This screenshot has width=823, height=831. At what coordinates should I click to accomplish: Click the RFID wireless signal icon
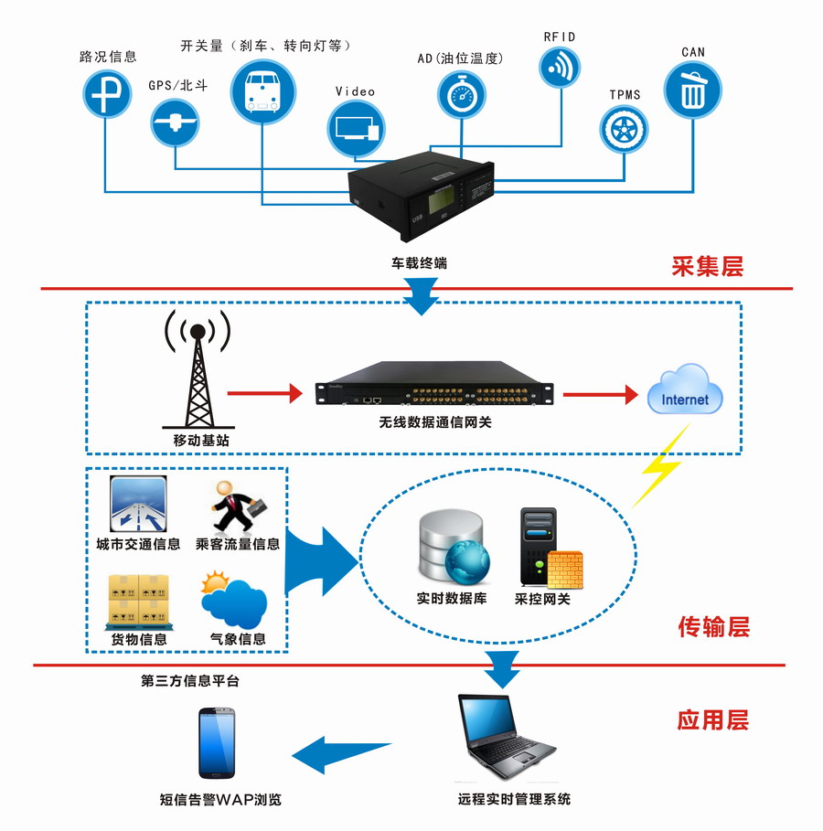coord(561,66)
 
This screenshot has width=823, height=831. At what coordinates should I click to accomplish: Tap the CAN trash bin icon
coord(692,90)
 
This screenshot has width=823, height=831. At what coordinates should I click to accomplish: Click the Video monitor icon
coord(354,124)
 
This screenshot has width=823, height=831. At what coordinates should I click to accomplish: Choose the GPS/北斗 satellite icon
coord(175,122)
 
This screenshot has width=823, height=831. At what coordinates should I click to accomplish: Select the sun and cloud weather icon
coord(234,599)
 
